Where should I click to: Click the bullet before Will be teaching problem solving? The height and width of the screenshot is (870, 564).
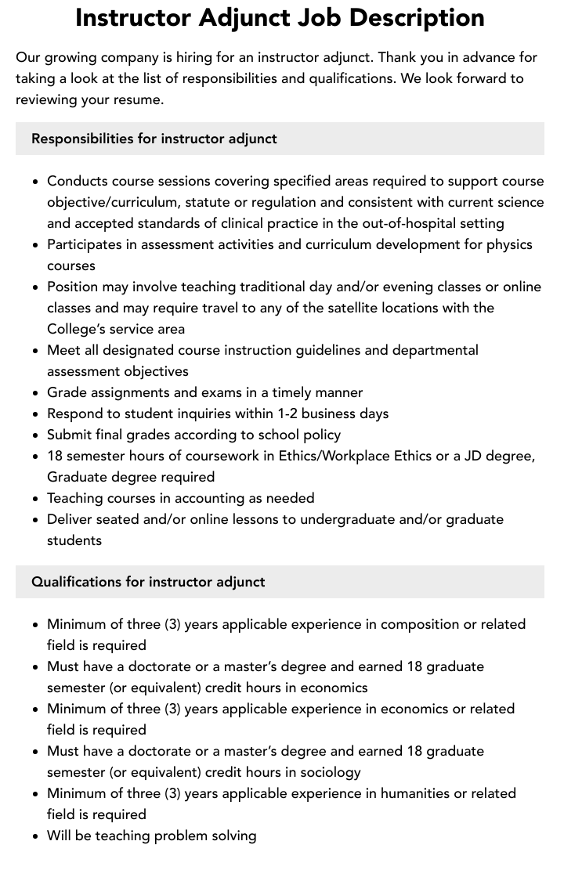click(36, 836)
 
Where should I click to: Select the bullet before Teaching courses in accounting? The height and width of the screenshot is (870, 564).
click(36, 499)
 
